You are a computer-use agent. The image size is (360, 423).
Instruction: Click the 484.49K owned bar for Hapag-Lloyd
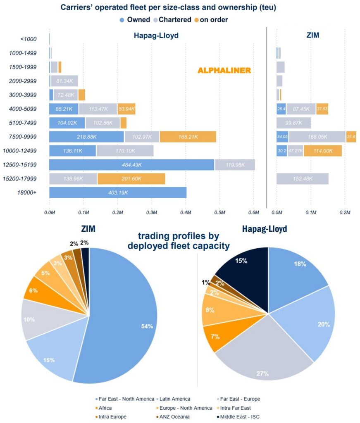[x=131, y=165]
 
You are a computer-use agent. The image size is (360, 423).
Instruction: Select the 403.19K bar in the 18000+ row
[x=118, y=193]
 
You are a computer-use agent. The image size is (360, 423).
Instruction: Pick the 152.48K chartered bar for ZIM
[x=302, y=179]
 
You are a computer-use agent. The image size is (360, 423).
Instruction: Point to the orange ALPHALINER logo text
[x=224, y=71]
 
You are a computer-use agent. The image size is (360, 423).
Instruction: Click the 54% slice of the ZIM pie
[x=124, y=322]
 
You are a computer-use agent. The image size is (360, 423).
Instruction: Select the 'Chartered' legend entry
[x=173, y=19]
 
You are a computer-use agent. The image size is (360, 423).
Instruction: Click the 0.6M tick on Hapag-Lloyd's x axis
[x=254, y=212]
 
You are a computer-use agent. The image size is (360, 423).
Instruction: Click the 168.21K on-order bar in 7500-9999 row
[x=188, y=137]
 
